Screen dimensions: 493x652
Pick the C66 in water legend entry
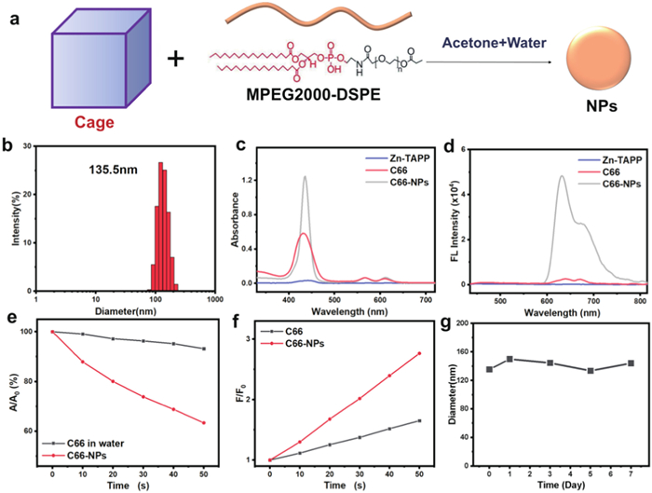coord(94,443)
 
